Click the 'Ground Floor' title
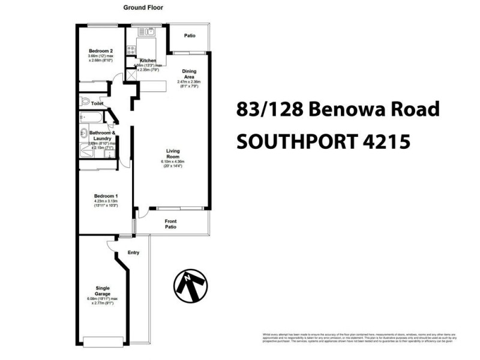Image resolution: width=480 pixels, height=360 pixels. click(x=143, y=8)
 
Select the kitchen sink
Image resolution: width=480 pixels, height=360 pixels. click(x=148, y=32)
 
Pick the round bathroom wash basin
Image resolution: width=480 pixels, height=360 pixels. click(x=83, y=134)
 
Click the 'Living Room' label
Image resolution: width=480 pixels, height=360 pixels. click(x=173, y=154)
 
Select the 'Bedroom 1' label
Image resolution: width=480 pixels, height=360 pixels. click(x=106, y=196)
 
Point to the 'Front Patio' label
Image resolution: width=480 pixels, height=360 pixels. click(x=170, y=224)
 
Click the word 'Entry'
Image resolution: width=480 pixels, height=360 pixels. click(x=134, y=253)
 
